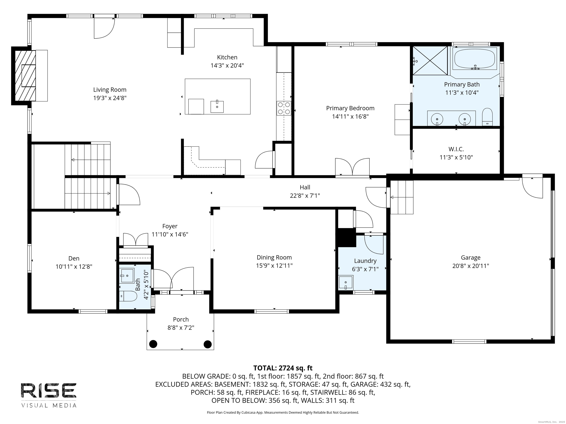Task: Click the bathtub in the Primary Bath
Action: coord(474,59)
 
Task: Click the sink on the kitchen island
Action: coord(217,107)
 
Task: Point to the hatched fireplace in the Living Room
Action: coord(25,76)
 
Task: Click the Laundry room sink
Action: coord(346,282)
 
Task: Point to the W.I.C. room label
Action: coord(456,149)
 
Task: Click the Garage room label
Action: coord(471,257)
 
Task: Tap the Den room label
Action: coord(74,258)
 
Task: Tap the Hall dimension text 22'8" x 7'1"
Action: coord(305,195)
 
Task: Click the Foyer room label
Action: coord(170,226)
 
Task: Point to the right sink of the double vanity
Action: coord(465,119)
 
